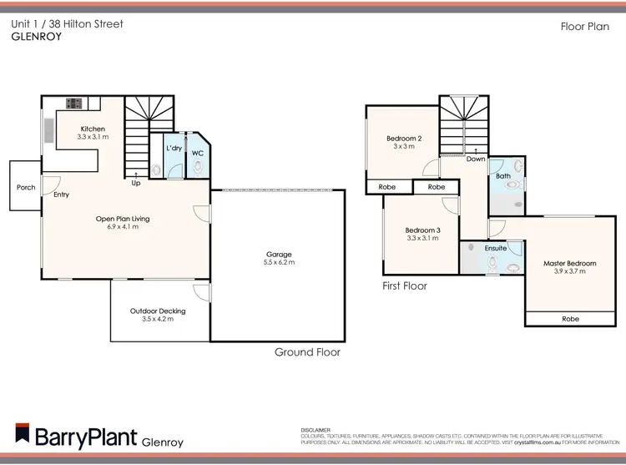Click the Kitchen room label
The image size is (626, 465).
pyautogui.click(x=93, y=128)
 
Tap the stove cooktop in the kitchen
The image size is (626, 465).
pyautogui.click(x=73, y=104)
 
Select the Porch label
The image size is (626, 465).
pyautogui.click(x=26, y=187)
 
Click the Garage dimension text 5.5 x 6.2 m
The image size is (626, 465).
pyautogui.click(x=279, y=262)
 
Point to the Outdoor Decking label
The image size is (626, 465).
pyautogui.click(x=158, y=311)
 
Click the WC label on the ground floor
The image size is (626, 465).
pyautogui.click(x=198, y=154)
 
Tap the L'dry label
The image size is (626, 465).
pyautogui.click(x=174, y=149)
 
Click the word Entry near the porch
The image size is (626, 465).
pyautogui.click(x=62, y=195)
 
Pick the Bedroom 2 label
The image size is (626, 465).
pyautogui.click(x=403, y=138)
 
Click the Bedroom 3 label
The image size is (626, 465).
pyautogui.click(x=422, y=230)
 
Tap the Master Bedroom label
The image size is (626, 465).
pyautogui.click(x=570, y=263)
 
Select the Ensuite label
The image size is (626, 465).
pyautogui.click(x=496, y=248)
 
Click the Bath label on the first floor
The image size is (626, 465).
pyautogui.click(x=503, y=176)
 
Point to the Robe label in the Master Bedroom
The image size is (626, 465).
pyautogui.click(x=570, y=318)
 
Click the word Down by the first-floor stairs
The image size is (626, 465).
pyautogui.click(x=476, y=159)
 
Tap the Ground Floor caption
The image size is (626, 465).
pyautogui.click(x=307, y=352)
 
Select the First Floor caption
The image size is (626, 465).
pyautogui.click(x=404, y=286)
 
